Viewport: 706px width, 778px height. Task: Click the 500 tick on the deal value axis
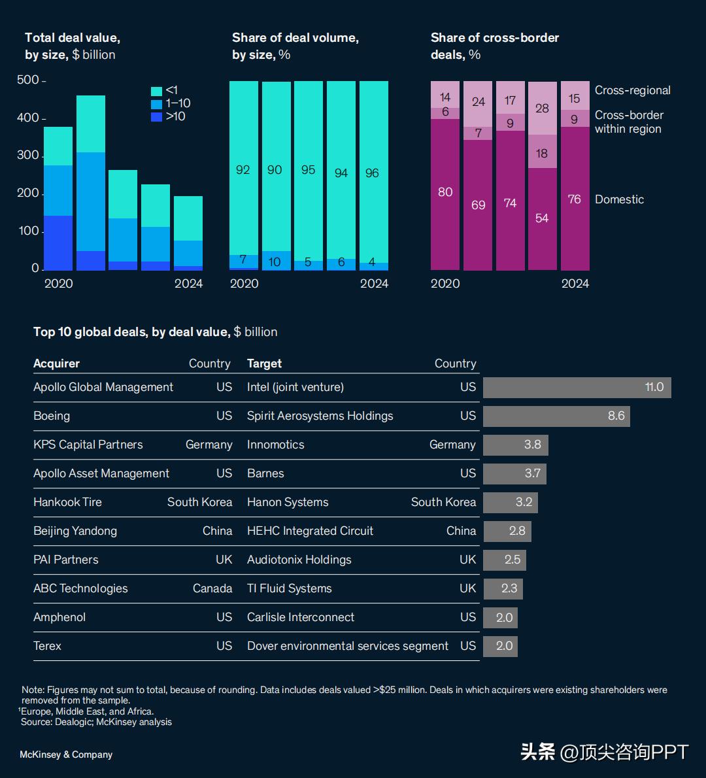[x=28, y=80]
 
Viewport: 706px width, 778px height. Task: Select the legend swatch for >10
[x=156, y=117]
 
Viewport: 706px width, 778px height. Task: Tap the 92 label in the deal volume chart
[x=243, y=170]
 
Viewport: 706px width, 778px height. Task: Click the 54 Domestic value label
[x=542, y=218]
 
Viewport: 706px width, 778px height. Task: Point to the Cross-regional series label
[x=632, y=90]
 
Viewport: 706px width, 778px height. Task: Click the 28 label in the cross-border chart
[x=542, y=108]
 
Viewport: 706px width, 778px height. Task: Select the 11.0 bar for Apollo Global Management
[x=577, y=387]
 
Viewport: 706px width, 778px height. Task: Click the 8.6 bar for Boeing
[x=556, y=416]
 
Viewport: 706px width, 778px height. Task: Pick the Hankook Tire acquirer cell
[x=67, y=502]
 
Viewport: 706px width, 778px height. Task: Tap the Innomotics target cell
[x=275, y=445]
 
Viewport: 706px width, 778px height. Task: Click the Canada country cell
[x=212, y=588]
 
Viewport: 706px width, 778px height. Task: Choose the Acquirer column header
[x=56, y=364]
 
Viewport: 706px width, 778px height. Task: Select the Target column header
[x=264, y=364]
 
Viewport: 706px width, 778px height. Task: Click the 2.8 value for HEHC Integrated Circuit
[x=516, y=531]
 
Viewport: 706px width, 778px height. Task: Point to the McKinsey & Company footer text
[x=66, y=754]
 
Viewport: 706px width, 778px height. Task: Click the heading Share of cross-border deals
[x=494, y=46]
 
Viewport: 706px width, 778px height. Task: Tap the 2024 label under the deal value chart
[x=188, y=283]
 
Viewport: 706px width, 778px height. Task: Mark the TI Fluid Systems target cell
[x=289, y=588]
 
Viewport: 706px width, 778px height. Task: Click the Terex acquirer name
[x=47, y=646]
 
